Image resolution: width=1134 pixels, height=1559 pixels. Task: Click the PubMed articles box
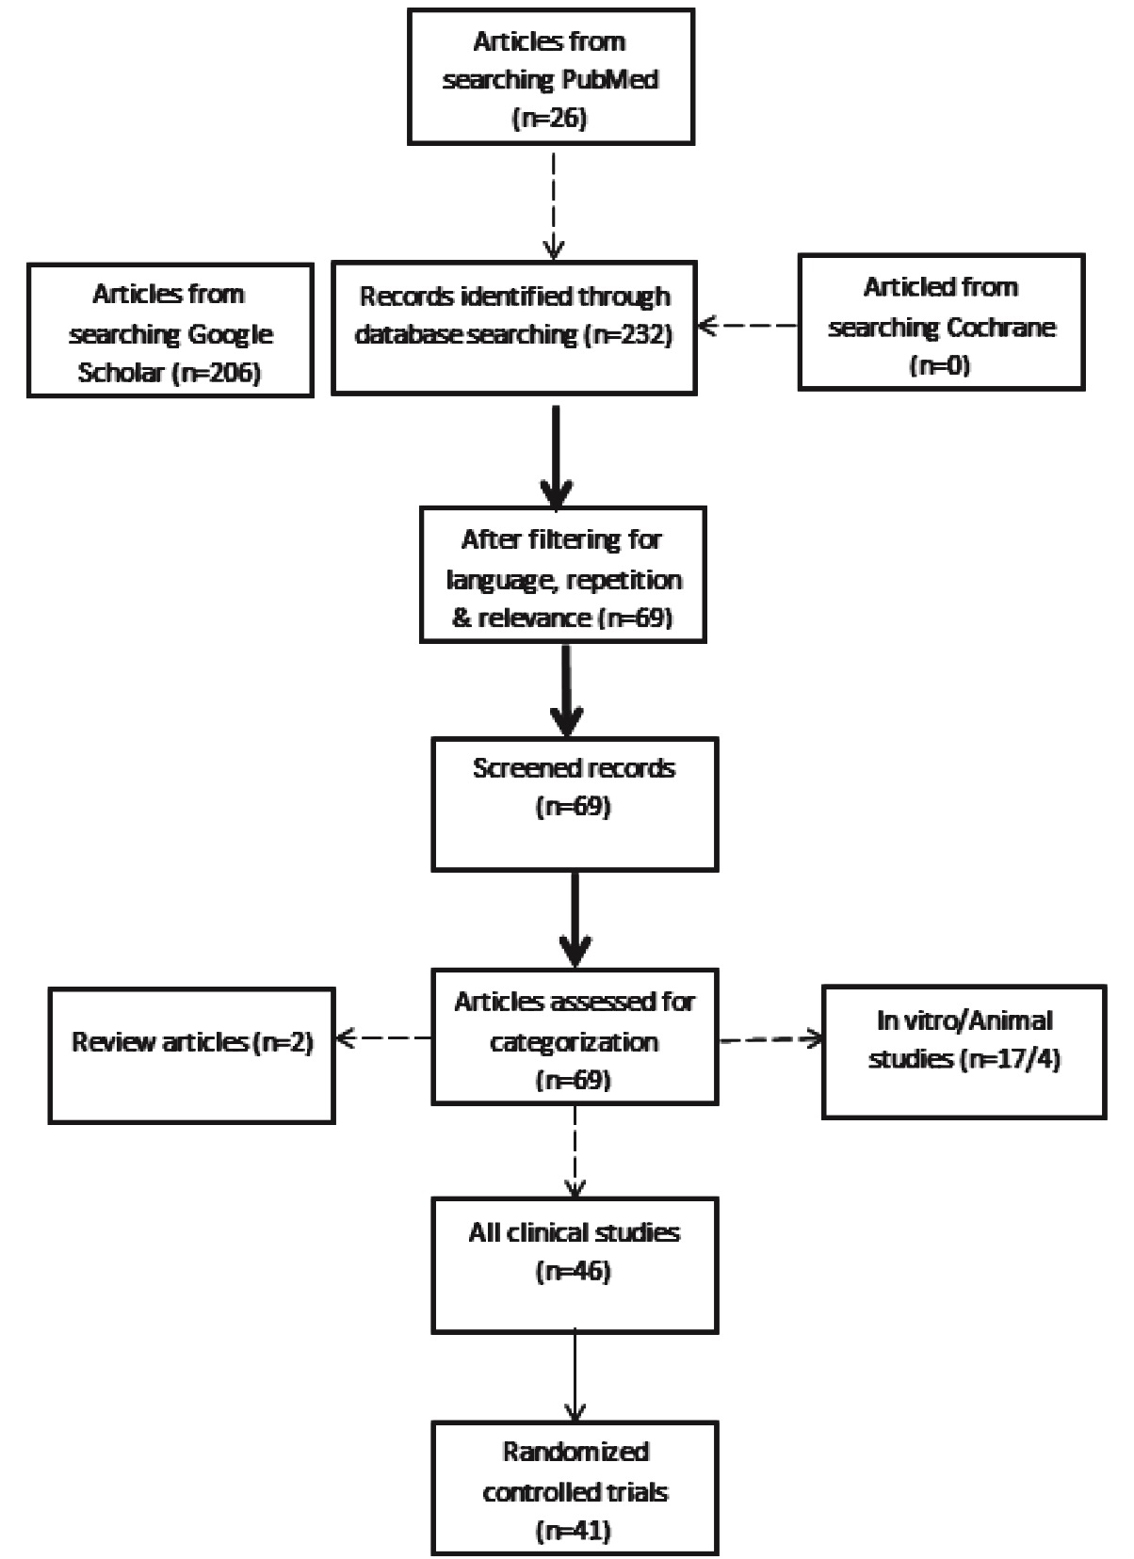pos(551,76)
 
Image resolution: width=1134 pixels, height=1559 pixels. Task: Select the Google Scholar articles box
pos(170,330)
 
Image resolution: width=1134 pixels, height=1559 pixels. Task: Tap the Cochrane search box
pos(941,322)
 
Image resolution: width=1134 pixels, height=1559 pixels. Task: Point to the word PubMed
pos(609,79)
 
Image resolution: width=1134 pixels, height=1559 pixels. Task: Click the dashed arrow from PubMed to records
pos(554,206)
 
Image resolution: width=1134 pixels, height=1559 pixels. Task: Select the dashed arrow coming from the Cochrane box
pos(748,325)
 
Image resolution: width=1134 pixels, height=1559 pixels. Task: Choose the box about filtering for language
pos(563,575)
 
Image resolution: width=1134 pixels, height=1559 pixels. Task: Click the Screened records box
pos(575,804)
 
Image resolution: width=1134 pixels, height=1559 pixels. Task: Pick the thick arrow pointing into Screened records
pos(567,690)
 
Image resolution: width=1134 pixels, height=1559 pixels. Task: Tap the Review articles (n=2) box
pos(191,1055)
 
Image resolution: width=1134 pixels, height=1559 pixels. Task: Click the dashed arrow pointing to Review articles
pos(383,1038)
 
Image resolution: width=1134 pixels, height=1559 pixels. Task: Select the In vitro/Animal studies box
pos(964,1052)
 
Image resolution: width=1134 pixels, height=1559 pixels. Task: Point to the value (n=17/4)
pos(1010,1059)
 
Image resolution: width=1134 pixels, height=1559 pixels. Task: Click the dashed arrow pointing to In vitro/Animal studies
pos(770,1039)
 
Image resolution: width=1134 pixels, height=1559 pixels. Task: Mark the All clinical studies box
pos(575,1265)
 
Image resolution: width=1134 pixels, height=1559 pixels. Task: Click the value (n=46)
pos(574,1271)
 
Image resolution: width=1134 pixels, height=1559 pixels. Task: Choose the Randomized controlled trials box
pos(575,1488)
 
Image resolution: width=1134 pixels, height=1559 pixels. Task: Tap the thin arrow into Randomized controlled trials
pos(575,1376)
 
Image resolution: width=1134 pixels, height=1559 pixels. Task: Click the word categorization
pos(575,1042)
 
